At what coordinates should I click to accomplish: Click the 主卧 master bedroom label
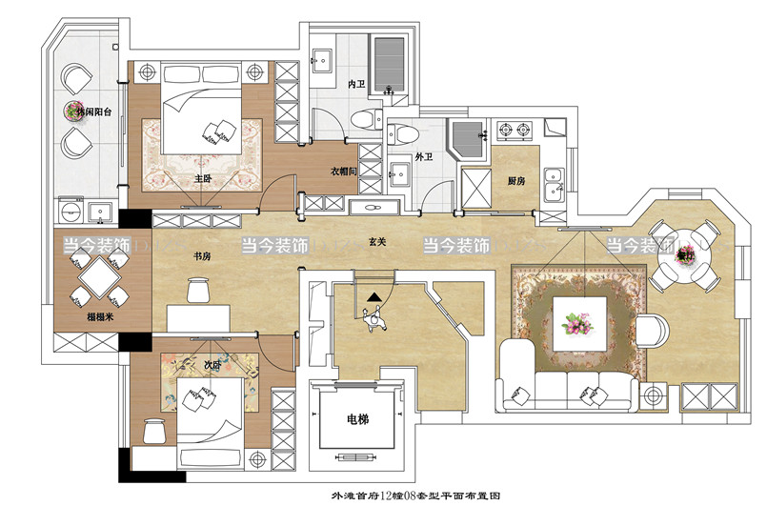tap(202, 177)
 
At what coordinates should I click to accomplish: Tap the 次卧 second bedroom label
tap(199, 362)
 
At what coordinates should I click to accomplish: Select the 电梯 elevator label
tap(357, 418)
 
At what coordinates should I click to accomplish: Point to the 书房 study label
tap(202, 256)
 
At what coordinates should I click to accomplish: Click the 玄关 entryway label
tap(377, 242)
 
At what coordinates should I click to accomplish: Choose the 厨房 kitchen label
tap(516, 180)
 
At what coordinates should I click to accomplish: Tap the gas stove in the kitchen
tap(515, 129)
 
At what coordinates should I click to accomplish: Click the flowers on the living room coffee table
tap(578, 325)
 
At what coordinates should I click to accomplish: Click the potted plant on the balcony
tap(74, 111)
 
